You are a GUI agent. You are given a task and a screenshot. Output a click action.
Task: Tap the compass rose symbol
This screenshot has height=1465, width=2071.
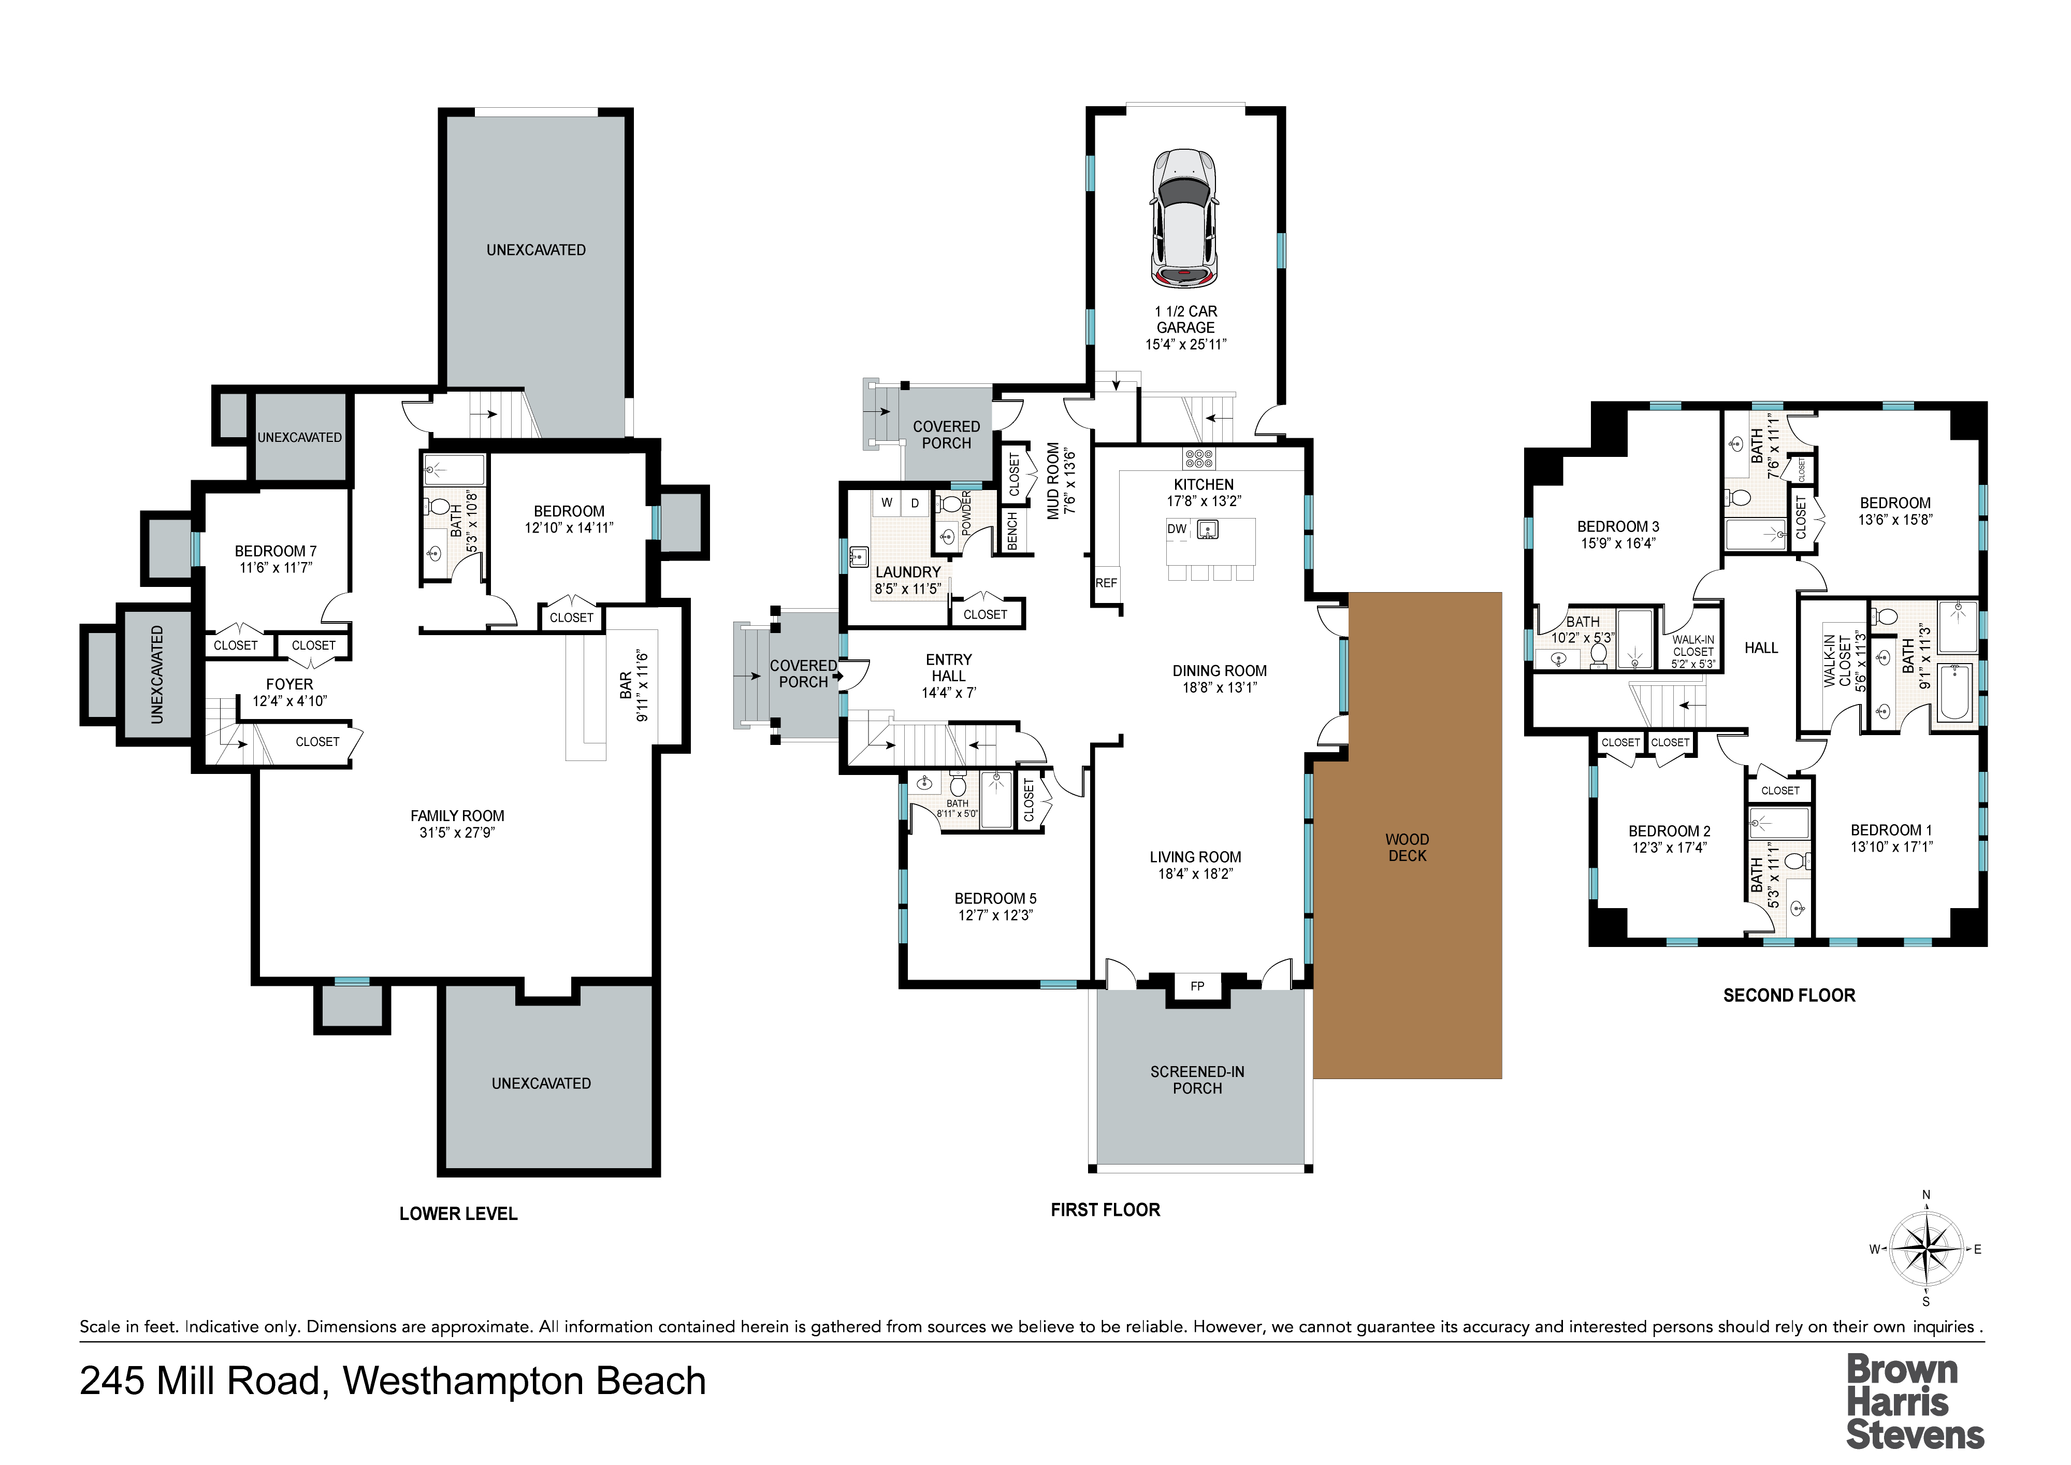pyautogui.click(x=1926, y=1249)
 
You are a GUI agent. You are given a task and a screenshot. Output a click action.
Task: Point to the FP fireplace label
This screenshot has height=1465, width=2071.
pyautogui.click(x=1197, y=986)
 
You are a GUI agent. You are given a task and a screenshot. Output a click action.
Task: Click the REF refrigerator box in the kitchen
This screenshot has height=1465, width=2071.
pyautogui.click(x=1106, y=583)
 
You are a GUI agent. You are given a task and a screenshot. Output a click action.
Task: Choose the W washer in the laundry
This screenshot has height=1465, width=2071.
pyautogui.click(x=887, y=502)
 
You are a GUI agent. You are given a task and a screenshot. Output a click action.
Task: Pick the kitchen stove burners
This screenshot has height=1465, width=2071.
pyautogui.click(x=1199, y=458)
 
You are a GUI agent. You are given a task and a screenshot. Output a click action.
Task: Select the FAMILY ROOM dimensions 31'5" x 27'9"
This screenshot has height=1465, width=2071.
pyautogui.click(x=457, y=832)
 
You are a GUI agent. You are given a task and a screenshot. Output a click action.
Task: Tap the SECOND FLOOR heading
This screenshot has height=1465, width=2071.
pyautogui.click(x=1789, y=995)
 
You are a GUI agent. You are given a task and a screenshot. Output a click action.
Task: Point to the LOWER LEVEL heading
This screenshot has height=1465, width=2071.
pyautogui.click(x=458, y=1213)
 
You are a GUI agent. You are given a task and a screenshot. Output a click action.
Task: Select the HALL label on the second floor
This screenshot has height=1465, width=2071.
pyautogui.click(x=1761, y=648)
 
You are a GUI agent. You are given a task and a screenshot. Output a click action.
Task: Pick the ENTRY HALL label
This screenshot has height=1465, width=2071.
pyautogui.click(x=949, y=668)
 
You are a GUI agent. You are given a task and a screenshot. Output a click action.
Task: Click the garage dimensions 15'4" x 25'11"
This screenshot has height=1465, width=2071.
pyautogui.click(x=1185, y=343)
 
